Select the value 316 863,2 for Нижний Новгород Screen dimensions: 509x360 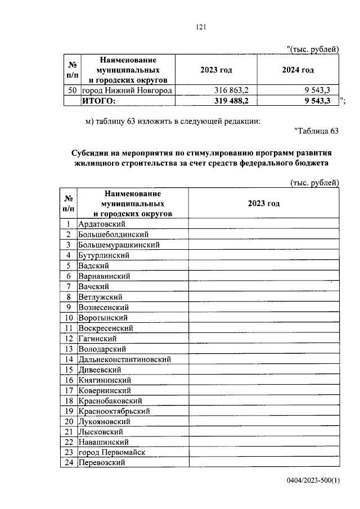point(232,91)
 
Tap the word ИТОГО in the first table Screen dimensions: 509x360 point(98,101)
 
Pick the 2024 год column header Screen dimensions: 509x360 point(298,70)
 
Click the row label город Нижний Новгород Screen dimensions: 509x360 point(127,91)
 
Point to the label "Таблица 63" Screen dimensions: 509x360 point(316,131)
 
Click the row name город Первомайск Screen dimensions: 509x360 point(112,452)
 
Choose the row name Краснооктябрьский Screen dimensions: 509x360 point(114,411)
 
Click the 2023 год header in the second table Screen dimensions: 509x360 point(263,204)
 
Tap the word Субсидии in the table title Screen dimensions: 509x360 point(89,153)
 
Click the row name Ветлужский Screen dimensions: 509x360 point(101,297)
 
